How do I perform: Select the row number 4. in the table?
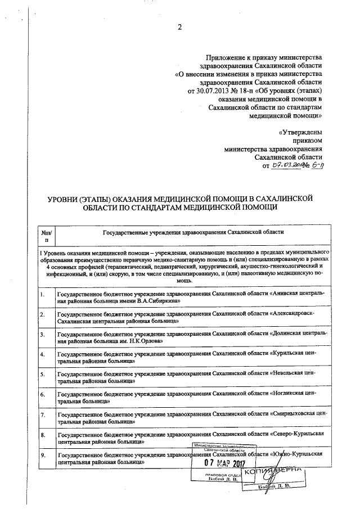(43, 354)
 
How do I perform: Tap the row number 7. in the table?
(43, 415)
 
